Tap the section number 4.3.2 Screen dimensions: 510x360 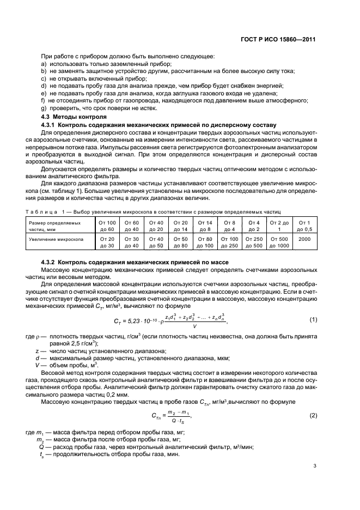tap(50, 262)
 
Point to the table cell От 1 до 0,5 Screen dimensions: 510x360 tap(304, 226)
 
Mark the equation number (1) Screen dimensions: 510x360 tap(313, 319)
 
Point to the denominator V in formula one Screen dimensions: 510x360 tap(194, 327)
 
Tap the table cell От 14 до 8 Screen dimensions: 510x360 tap(205, 226)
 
